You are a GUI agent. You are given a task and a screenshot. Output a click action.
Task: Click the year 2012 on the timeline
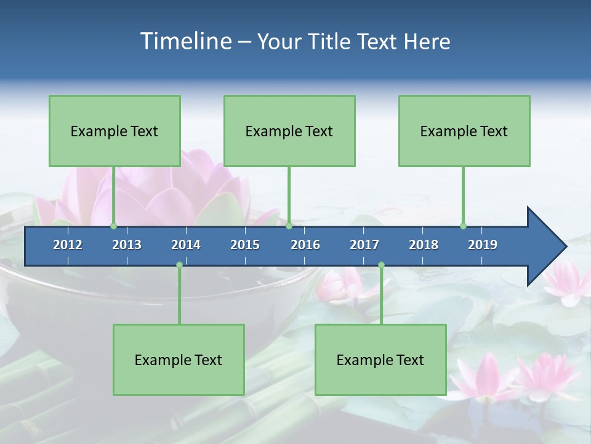(x=68, y=245)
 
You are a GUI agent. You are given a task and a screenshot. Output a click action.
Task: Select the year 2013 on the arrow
(x=127, y=245)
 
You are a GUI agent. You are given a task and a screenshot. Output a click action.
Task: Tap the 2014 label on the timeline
(x=186, y=245)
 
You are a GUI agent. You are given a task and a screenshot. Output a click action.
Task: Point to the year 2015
(x=245, y=245)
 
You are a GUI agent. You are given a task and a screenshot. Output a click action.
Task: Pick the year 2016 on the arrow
(x=305, y=245)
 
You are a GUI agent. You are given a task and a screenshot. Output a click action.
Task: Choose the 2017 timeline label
(x=364, y=245)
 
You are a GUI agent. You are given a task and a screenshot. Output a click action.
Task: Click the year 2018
(x=424, y=245)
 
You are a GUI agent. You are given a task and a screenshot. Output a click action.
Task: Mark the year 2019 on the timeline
(x=483, y=245)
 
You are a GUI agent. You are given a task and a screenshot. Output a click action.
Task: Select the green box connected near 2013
(x=115, y=131)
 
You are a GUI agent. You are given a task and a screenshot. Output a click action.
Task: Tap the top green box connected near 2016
(x=289, y=131)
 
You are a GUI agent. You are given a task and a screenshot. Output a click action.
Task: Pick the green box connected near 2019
(x=464, y=131)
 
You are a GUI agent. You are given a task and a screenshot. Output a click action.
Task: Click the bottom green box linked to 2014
(x=179, y=360)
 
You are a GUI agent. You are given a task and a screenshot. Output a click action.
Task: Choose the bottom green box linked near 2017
(x=380, y=360)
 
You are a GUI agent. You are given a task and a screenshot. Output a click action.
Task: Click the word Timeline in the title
(x=185, y=41)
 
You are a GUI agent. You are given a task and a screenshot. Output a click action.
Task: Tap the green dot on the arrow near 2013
(x=113, y=226)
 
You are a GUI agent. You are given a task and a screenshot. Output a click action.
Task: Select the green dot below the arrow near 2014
(x=179, y=265)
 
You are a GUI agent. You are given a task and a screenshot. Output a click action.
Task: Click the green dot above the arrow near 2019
(x=463, y=226)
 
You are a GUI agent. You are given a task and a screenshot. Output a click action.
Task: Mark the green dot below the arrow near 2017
(x=381, y=265)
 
